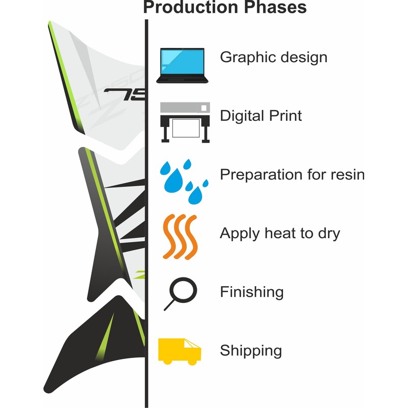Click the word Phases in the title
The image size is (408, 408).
(x=275, y=7)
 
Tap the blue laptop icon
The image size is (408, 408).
(x=182, y=66)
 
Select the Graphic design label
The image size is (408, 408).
(x=273, y=58)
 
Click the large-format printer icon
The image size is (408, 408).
(x=185, y=122)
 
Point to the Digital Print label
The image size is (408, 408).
(x=261, y=116)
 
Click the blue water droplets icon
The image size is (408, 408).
(x=184, y=182)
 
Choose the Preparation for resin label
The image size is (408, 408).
(x=292, y=174)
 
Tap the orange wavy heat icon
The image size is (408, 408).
(x=180, y=237)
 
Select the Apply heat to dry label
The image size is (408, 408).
(x=280, y=234)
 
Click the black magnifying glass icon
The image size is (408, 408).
(x=181, y=294)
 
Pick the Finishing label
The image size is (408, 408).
(x=252, y=292)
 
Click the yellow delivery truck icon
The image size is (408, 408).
(x=180, y=352)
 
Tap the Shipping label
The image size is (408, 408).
(x=251, y=351)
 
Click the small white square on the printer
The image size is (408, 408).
(x=204, y=108)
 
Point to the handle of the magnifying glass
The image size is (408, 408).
(x=169, y=305)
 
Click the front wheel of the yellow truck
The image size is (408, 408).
(x=192, y=362)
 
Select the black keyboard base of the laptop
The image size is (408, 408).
(x=182, y=80)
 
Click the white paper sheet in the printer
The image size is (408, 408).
(x=186, y=128)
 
